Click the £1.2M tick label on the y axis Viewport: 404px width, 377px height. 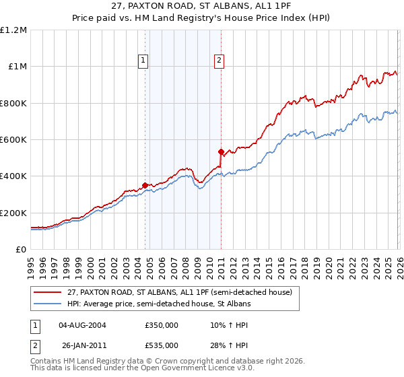(14, 30)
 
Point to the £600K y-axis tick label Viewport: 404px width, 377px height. (14, 140)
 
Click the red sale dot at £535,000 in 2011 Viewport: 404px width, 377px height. (222, 151)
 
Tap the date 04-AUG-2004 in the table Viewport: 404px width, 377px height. (83, 325)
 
